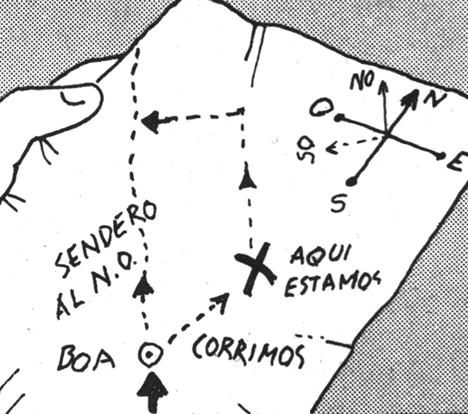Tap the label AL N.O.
pyautogui.click(x=97, y=285)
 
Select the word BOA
pyautogui.click(x=86, y=357)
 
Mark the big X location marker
pyautogui.click(x=256, y=269)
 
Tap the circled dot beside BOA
pyautogui.click(x=151, y=354)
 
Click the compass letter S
pyautogui.click(x=338, y=203)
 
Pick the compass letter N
pyautogui.click(x=435, y=99)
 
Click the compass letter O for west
pyautogui.click(x=320, y=108)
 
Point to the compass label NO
pyautogui.click(x=362, y=81)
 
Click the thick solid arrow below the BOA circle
pyautogui.click(x=152, y=392)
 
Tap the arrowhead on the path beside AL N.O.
pyautogui.click(x=143, y=285)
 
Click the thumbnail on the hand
pyautogui.click(x=73, y=99)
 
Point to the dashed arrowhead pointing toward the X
pyautogui.click(x=221, y=302)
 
